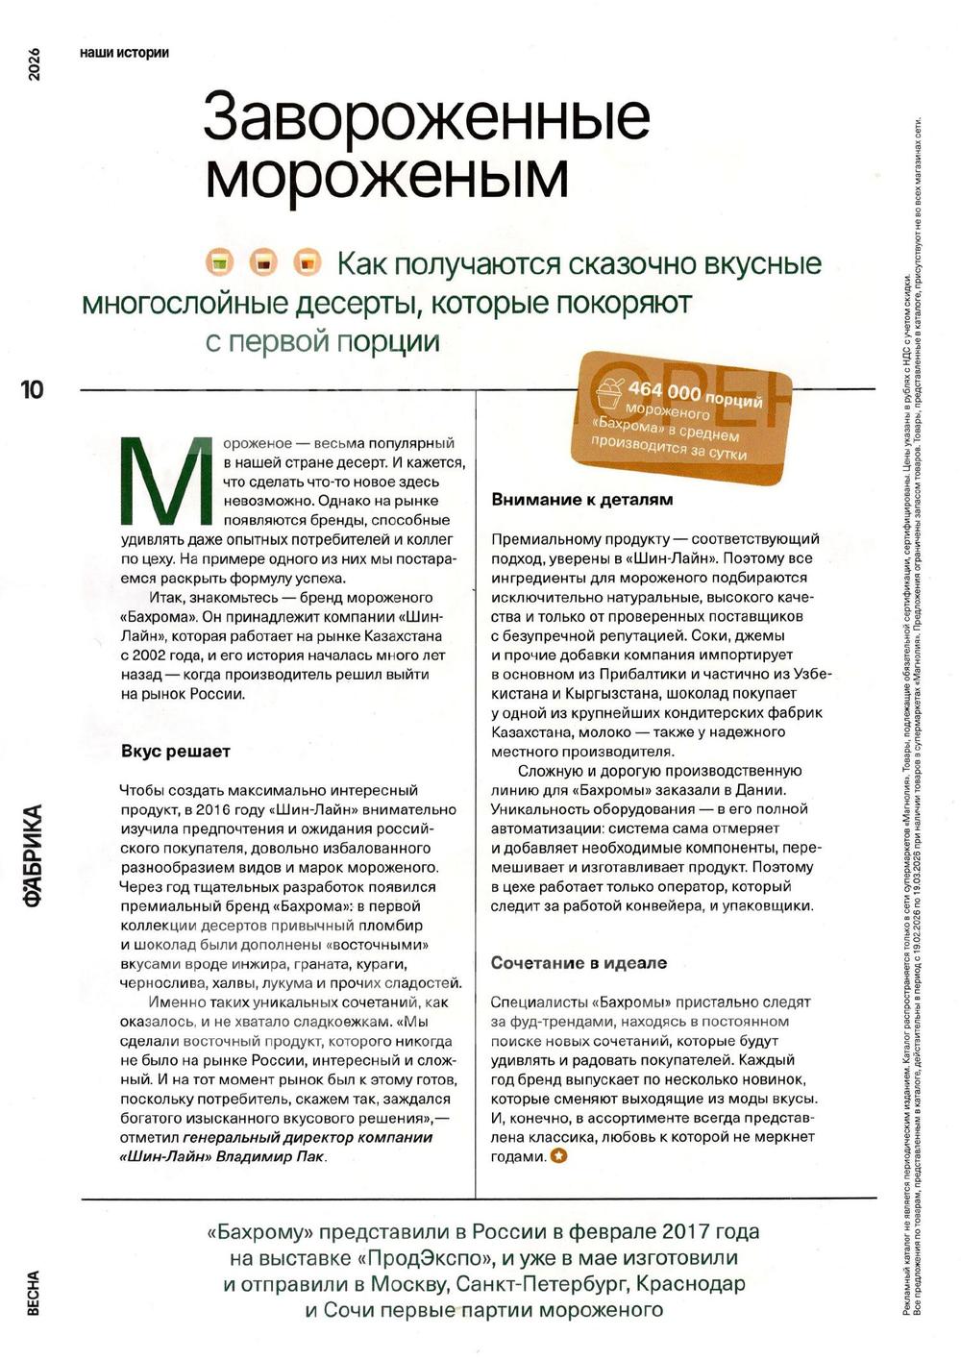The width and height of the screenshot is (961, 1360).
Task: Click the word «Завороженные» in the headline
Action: pyautogui.click(x=427, y=117)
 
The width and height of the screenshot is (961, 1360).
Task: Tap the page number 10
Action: pyautogui.click(x=32, y=389)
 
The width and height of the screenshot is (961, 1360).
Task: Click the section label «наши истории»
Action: pyautogui.click(x=125, y=53)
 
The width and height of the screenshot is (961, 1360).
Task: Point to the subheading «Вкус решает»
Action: pyautogui.click(x=176, y=752)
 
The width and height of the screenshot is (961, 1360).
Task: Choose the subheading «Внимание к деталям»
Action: pyautogui.click(x=581, y=500)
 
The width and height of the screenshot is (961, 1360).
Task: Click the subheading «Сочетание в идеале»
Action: pyautogui.click(x=579, y=963)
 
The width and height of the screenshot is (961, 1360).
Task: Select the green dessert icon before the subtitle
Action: pyautogui.click(x=220, y=262)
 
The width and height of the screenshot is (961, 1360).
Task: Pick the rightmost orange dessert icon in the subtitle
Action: pyautogui.click(x=307, y=262)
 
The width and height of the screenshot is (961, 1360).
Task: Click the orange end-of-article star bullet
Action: pyautogui.click(x=558, y=1156)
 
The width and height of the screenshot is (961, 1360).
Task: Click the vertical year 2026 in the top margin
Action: pyautogui.click(x=34, y=63)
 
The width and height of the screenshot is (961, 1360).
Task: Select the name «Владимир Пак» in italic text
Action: pyautogui.click(x=272, y=1156)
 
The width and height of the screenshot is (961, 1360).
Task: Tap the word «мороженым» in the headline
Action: pyautogui.click(x=386, y=175)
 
